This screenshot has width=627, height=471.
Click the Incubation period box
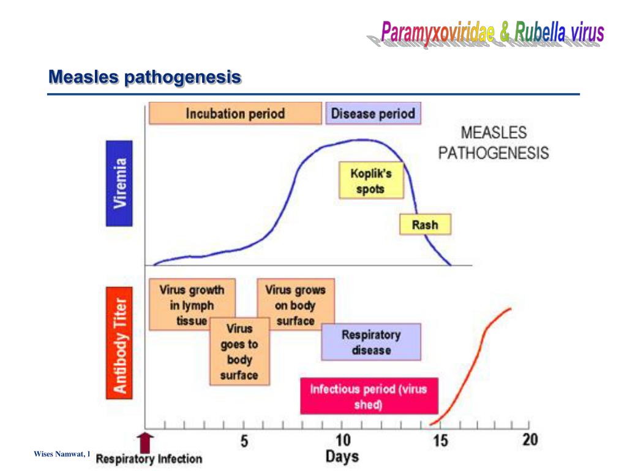(x=235, y=113)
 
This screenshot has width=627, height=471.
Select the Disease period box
(x=373, y=113)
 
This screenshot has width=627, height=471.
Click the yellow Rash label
(x=425, y=224)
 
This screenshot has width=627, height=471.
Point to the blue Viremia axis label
(x=119, y=183)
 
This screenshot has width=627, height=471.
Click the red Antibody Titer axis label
(x=119, y=347)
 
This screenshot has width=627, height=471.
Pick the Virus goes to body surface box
(x=239, y=352)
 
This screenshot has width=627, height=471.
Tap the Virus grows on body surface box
(x=295, y=305)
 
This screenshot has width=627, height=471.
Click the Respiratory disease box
(x=371, y=342)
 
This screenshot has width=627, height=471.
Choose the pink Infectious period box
(x=369, y=396)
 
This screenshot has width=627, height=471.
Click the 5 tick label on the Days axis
(x=244, y=440)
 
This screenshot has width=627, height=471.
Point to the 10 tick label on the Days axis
(x=343, y=440)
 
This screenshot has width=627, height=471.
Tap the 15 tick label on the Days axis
(x=441, y=440)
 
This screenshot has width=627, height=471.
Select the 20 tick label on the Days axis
(x=530, y=440)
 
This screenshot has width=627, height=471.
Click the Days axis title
(x=342, y=456)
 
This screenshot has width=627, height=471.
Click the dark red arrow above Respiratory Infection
(x=146, y=442)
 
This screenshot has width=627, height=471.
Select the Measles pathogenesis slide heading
(x=145, y=78)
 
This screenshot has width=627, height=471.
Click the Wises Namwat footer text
(x=62, y=454)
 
